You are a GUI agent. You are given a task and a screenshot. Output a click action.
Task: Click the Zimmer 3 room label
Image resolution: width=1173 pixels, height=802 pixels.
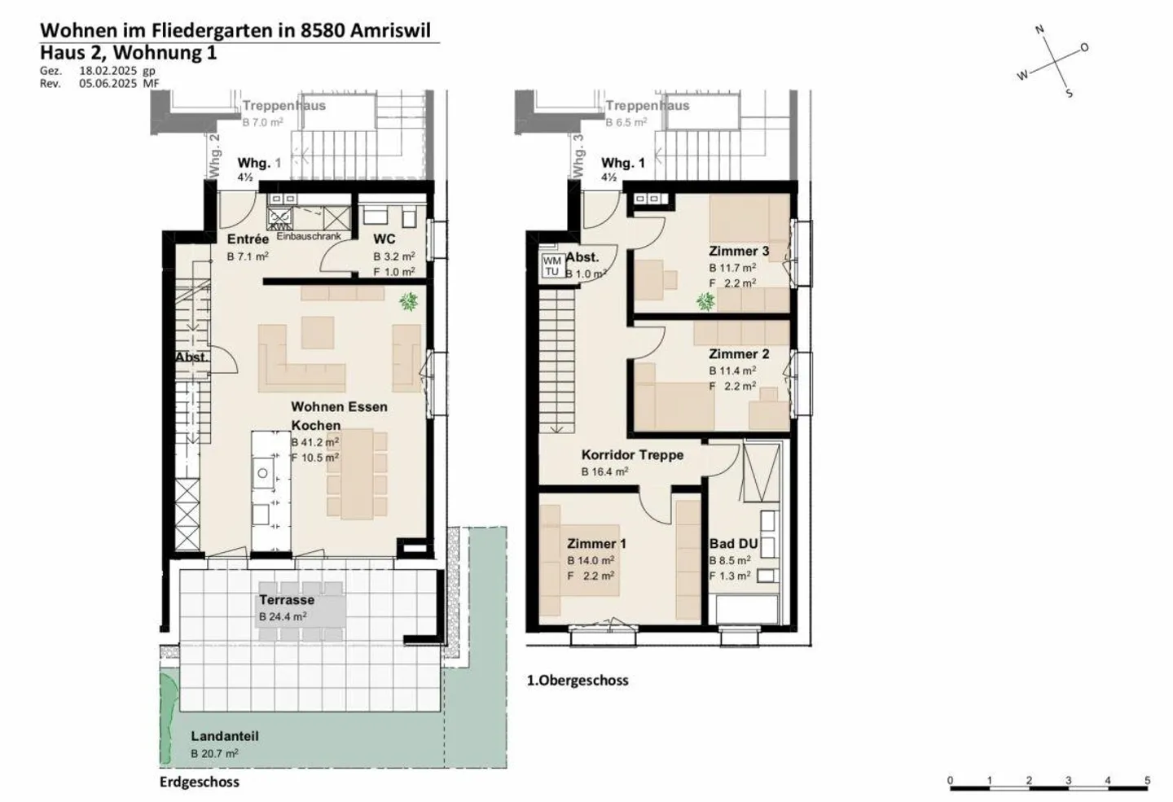click(x=738, y=251)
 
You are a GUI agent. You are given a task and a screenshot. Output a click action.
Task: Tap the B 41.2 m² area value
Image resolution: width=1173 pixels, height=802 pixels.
click(x=314, y=442)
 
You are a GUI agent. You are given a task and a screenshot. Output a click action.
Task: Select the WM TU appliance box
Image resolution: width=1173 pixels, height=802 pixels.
click(x=552, y=266)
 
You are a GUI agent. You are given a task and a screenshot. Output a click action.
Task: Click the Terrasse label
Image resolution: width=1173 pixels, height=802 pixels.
click(x=287, y=600)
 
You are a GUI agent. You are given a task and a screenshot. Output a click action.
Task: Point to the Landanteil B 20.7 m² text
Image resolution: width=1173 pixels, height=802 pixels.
click(x=214, y=754)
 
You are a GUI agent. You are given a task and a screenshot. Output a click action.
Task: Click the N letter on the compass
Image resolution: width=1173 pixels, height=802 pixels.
click(x=1039, y=30)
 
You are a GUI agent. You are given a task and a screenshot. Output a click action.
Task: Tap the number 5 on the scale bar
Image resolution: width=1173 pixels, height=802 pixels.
click(x=1147, y=780)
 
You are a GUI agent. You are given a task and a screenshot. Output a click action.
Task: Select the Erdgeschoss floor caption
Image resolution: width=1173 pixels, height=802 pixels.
click(x=200, y=782)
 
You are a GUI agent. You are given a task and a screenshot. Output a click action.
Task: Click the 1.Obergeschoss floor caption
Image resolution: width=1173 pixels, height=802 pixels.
click(x=578, y=680)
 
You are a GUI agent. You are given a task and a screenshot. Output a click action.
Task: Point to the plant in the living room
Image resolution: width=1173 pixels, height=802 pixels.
click(x=408, y=302)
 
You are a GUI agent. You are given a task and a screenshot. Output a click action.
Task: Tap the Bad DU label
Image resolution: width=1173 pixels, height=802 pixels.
click(x=733, y=544)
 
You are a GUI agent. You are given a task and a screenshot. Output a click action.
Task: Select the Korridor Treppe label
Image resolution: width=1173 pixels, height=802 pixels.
click(x=632, y=455)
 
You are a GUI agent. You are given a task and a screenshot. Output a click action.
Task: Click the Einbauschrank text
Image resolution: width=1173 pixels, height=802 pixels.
click(x=309, y=236)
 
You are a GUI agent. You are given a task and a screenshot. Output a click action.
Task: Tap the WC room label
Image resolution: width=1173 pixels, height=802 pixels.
click(x=384, y=239)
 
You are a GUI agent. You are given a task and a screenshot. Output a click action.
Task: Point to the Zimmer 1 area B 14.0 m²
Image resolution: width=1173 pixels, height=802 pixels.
click(x=591, y=560)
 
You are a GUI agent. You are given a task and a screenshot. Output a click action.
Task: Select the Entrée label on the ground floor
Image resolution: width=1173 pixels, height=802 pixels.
click(x=248, y=239)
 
